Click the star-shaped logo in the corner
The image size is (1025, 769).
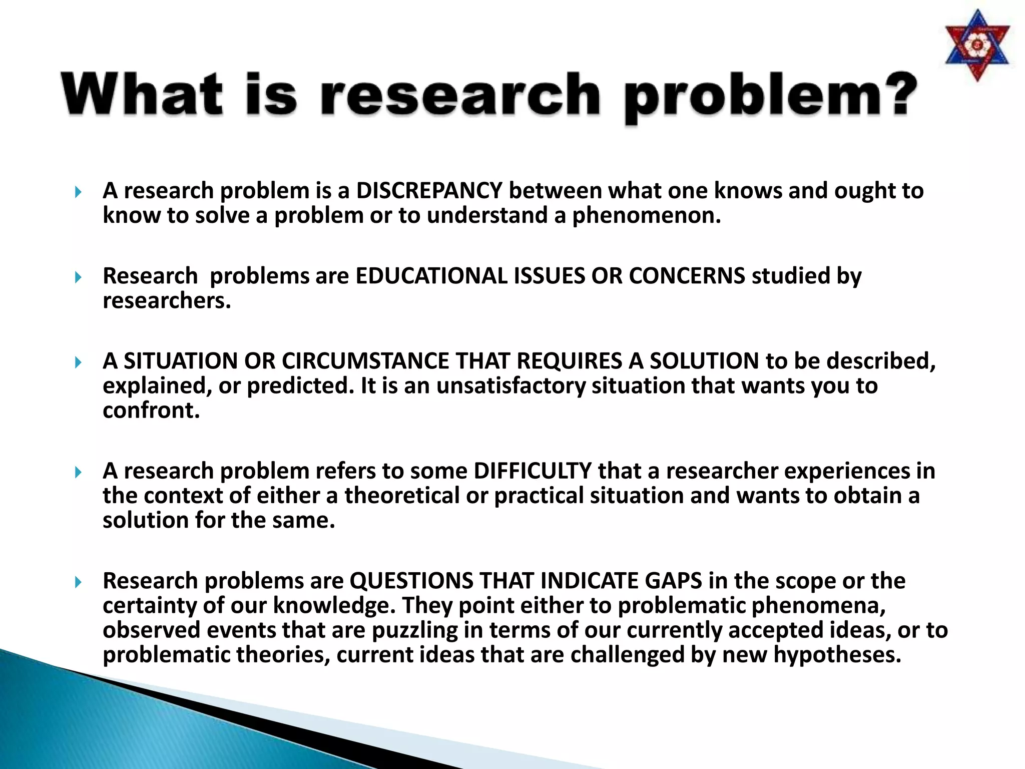(x=977, y=46)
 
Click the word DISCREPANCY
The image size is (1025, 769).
(x=429, y=191)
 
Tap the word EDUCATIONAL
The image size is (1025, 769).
(x=431, y=276)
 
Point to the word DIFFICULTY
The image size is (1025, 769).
(x=533, y=471)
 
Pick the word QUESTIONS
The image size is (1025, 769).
(x=411, y=581)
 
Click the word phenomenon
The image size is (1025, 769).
(x=646, y=215)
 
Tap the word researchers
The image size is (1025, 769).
(x=167, y=300)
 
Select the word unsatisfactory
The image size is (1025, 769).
(x=510, y=386)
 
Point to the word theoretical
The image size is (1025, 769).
(x=402, y=496)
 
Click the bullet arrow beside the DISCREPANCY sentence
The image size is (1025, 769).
(x=78, y=192)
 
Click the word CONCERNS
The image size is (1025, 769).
(x=687, y=276)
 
